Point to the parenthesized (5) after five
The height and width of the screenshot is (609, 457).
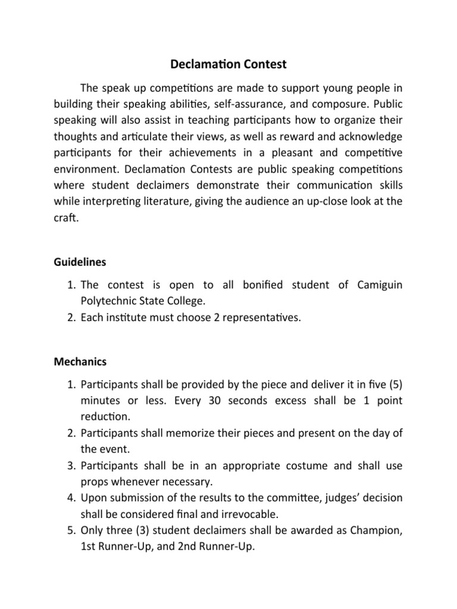[x=393, y=384]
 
